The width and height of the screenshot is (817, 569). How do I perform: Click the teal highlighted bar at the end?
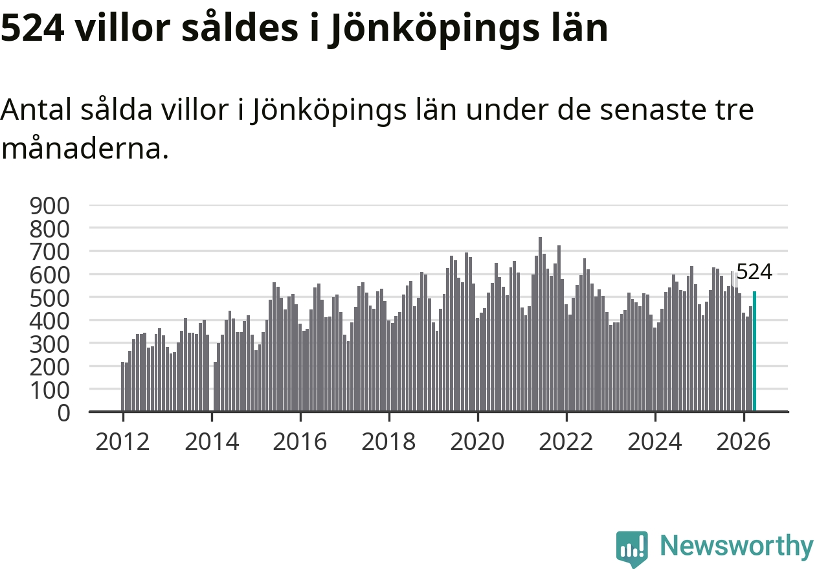pos(754,351)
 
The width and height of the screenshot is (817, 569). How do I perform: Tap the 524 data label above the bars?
pos(754,272)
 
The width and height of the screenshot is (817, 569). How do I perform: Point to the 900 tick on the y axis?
pos(50,206)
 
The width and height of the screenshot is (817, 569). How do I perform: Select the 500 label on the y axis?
pos(50,298)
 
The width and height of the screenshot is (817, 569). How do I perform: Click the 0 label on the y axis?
pos(63,413)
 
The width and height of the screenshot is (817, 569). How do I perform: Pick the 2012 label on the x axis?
pos(122,442)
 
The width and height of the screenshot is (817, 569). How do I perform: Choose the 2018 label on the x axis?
pos(388,442)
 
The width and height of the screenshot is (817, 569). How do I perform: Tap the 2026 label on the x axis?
pos(743,442)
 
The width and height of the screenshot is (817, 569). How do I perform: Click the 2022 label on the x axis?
pos(566,442)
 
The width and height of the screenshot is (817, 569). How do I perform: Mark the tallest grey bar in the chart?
pos(540,324)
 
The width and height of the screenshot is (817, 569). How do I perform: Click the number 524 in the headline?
pos(33,28)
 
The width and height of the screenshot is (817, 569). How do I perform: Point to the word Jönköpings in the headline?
pos(433,30)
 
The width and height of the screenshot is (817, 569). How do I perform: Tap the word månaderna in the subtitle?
pos(85,148)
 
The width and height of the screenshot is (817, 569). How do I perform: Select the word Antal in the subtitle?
pos(36,109)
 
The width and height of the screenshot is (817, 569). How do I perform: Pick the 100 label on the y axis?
pos(50,390)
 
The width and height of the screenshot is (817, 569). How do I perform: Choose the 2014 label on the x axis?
pos(212,442)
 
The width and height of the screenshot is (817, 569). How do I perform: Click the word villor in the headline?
pos(123,28)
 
